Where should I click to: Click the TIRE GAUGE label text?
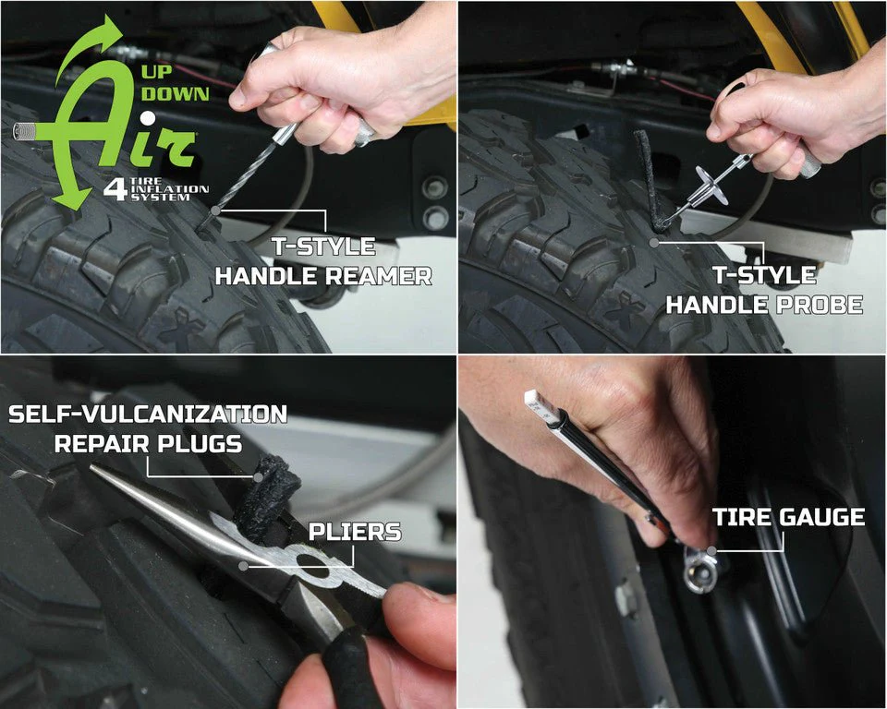[x=788, y=517]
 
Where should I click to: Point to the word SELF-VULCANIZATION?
[x=148, y=414]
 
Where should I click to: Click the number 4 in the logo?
[x=115, y=189]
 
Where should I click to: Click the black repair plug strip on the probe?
[x=643, y=175]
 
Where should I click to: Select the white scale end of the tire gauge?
[x=540, y=403]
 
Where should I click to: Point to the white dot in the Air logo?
[x=146, y=117]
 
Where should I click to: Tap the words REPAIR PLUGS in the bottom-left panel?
[x=148, y=443]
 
